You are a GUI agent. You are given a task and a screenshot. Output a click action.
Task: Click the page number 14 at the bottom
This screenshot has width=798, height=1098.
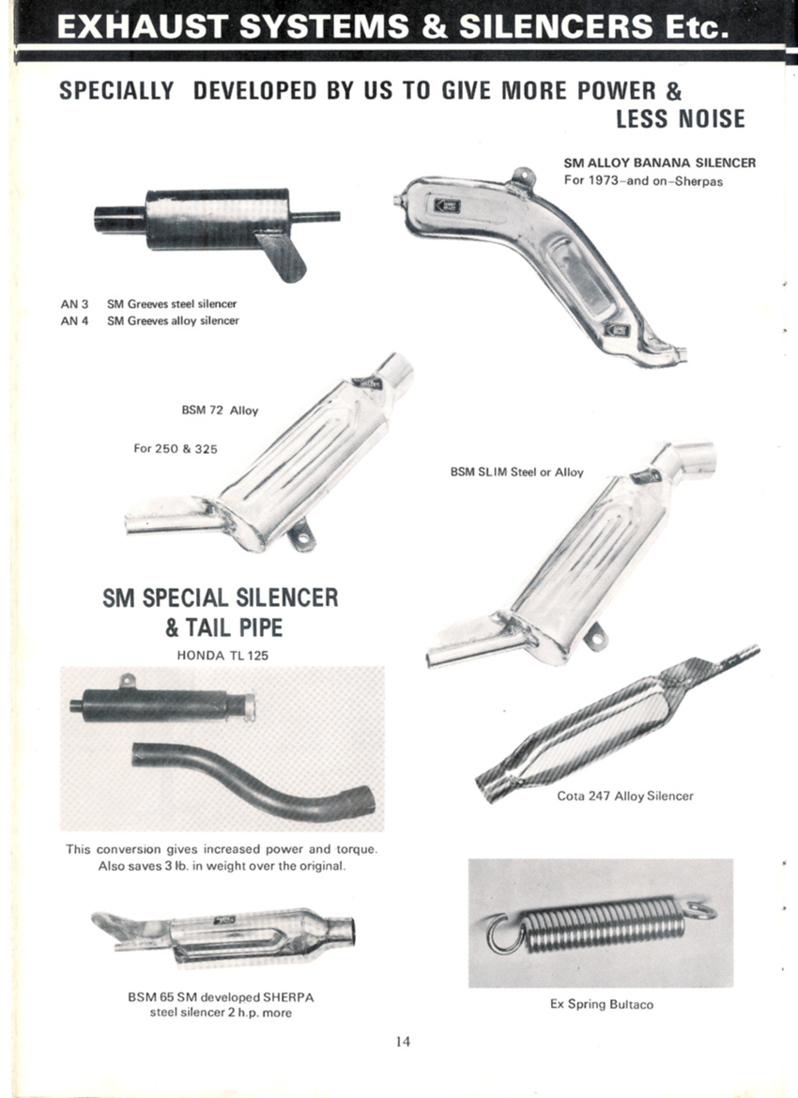[x=403, y=1042]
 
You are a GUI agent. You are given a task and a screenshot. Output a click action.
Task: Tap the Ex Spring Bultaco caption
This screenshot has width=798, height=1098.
[x=601, y=1004]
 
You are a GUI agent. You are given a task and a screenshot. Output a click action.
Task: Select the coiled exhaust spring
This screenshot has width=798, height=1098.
[x=601, y=924]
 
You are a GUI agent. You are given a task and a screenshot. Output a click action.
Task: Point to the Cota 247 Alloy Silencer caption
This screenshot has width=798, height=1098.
[x=625, y=796]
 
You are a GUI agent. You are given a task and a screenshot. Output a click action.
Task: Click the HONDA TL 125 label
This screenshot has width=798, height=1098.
[x=223, y=657]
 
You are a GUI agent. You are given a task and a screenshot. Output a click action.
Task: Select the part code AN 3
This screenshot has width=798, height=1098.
[x=74, y=304]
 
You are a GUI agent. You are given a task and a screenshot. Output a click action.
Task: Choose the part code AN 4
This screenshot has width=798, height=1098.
[x=74, y=321]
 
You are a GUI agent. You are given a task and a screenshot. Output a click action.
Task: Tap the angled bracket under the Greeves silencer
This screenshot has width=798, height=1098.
[x=283, y=256]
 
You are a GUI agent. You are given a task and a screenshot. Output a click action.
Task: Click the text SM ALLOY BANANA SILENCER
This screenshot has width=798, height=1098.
[x=659, y=163]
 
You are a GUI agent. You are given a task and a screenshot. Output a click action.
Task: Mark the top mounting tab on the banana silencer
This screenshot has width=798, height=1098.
[x=521, y=175]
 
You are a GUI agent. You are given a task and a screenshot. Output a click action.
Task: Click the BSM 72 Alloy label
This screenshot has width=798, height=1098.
[x=220, y=410]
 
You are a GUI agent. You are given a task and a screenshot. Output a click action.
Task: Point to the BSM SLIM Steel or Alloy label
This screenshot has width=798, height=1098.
[x=516, y=472]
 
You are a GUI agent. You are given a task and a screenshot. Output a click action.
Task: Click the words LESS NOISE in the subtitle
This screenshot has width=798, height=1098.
[x=681, y=119]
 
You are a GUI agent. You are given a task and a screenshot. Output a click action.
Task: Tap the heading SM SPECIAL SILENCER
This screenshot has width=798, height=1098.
[x=220, y=598]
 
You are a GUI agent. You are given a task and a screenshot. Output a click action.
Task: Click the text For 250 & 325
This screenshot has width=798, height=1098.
[x=175, y=449]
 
